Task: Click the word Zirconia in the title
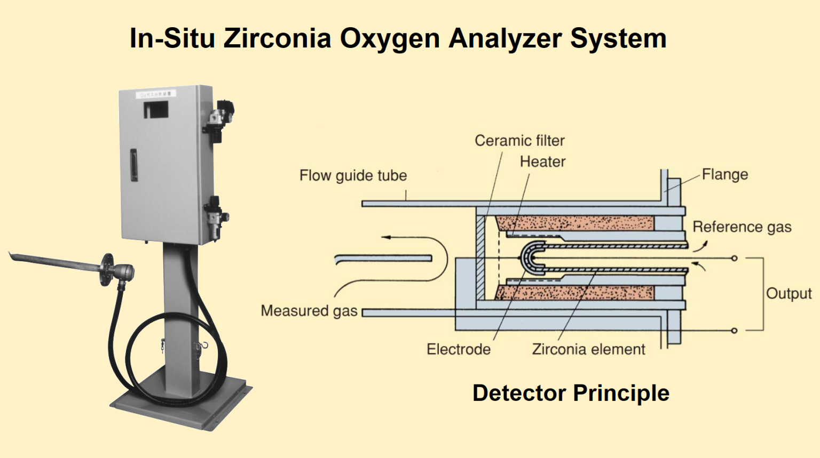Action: coord(277,38)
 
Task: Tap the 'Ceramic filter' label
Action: coord(519,141)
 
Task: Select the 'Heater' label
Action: coord(542,162)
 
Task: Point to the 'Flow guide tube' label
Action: coord(353,175)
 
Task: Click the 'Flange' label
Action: coord(724,174)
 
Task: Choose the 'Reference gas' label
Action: coord(742,227)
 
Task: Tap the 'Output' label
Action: coord(789,294)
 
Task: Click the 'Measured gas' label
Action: coord(309,311)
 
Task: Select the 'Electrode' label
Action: coord(458,349)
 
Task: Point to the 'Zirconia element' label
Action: coord(588,349)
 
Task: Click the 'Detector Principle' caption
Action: coord(570,393)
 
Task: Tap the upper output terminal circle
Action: coord(734,259)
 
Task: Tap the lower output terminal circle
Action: coord(734,331)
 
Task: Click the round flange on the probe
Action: coord(108,269)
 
